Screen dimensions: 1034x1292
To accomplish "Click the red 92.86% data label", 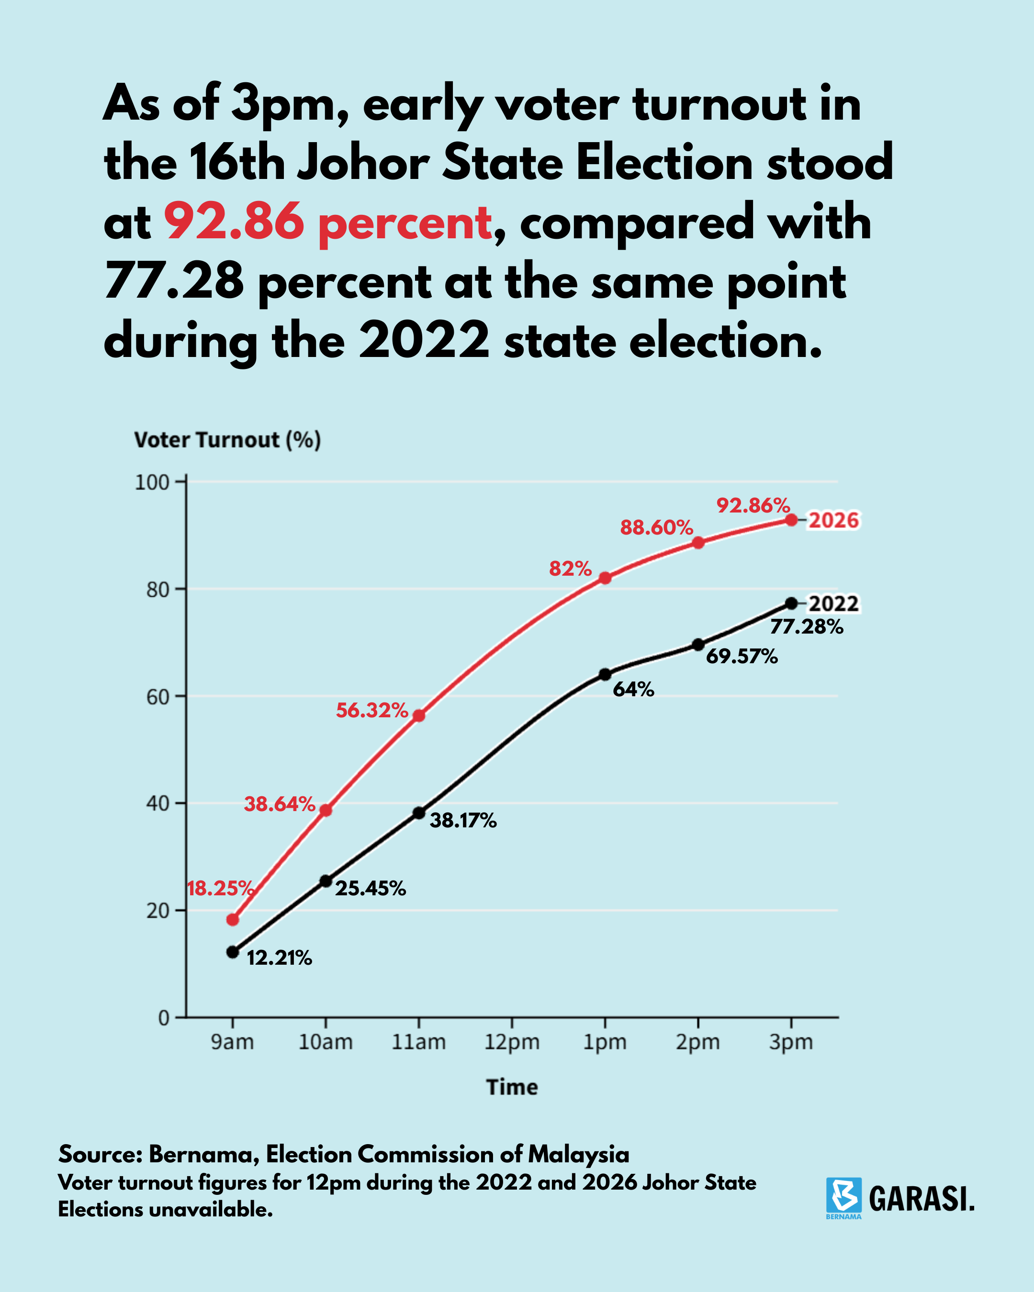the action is [753, 505].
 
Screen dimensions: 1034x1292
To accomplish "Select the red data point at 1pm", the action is [605, 578].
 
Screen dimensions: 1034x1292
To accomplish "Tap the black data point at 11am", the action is [419, 813].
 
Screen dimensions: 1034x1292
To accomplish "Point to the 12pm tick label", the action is [512, 1042].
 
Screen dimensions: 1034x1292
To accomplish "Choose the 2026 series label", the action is [834, 520].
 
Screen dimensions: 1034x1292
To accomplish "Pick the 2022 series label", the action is [834, 603].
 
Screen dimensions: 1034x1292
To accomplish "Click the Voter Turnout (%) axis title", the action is [228, 440].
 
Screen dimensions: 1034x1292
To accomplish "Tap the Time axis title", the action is [512, 1087].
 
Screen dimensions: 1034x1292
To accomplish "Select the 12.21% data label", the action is [280, 958].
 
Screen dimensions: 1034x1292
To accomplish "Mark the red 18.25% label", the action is [221, 888].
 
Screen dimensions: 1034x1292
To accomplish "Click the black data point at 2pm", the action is [698, 645].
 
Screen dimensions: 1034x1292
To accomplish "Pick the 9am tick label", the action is [233, 1042].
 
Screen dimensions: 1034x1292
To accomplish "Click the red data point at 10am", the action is [326, 810].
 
